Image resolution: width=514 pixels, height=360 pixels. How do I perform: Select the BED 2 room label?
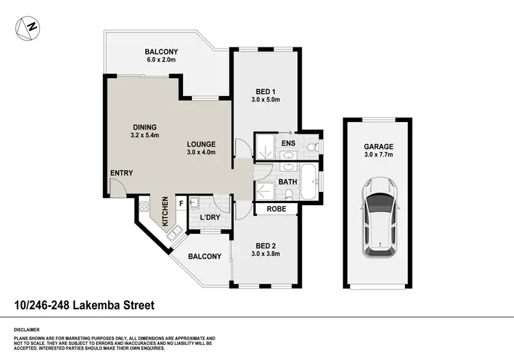[x=265, y=246]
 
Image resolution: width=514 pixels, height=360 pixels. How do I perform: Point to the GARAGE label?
[x=379, y=147]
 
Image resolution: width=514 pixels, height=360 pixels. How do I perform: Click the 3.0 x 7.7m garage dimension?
[x=379, y=156]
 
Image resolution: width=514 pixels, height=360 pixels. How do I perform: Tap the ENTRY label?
[x=121, y=173]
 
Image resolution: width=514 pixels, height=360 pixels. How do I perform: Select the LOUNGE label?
[x=202, y=144]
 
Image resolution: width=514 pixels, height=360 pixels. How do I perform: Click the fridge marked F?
[x=181, y=203]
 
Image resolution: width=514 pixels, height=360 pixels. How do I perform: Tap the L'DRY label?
[x=210, y=219]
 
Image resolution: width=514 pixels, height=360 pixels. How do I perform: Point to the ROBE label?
[x=276, y=209]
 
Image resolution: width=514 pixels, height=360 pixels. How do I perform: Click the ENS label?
[x=288, y=143]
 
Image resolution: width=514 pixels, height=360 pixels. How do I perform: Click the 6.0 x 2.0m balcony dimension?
[x=162, y=60]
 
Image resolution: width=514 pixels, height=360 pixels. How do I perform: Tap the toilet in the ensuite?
[x=312, y=147]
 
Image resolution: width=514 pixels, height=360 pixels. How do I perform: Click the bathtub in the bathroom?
[x=308, y=182]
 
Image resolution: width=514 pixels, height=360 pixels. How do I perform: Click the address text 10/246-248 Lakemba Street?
[x=84, y=305]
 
